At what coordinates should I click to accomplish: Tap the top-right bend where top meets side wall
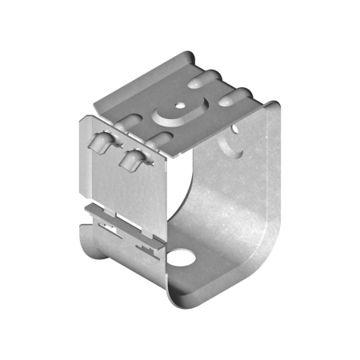(x=272, y=108)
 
